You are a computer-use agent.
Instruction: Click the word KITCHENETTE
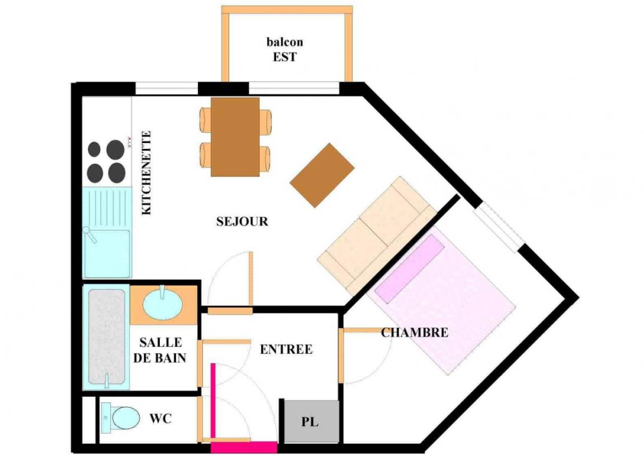(x=146, y=173)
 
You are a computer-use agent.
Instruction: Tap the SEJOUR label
(x=242, y=222)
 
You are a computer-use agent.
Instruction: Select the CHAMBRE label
(x=414, y=332)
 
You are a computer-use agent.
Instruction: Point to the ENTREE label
(x=286, y=349)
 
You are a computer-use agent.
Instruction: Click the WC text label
(x=160, y=419)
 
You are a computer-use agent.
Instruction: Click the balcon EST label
(x=285, y=49)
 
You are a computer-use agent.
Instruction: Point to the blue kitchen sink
(x=107, y=233)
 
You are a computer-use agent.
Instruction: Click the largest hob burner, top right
(x=115, y=150)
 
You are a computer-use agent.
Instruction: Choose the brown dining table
(x=235, y=137)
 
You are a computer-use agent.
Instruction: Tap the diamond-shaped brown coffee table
(x=322, y=176)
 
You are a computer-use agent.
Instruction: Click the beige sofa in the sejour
(x=377, y=236)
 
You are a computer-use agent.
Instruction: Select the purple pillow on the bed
(x=410, y=268)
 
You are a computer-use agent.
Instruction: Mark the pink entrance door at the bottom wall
(x=244, y=447)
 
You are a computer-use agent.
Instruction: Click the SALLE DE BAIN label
(x=160, y=350)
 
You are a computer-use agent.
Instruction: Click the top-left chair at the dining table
(x=206, y=120)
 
